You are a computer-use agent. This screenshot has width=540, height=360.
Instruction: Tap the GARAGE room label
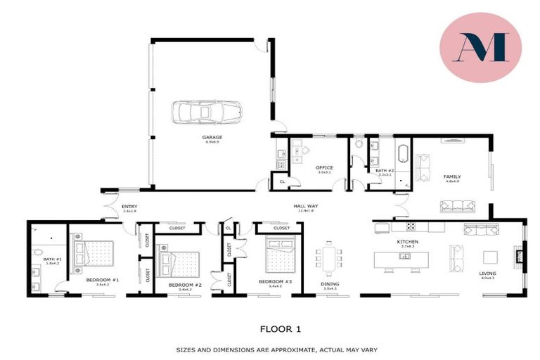[x=212, y=137]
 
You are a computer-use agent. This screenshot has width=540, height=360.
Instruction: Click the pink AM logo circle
[x=480, y=47]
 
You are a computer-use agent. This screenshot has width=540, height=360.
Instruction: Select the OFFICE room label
[x=324, y=167]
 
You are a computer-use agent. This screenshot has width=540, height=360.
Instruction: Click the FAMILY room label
[x=451, y=176]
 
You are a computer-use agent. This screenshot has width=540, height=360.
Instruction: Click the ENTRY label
[x=129, y=206]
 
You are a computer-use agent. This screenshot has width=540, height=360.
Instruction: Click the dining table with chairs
[x=329, y=258]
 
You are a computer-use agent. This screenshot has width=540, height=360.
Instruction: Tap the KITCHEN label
[x=407, y=242]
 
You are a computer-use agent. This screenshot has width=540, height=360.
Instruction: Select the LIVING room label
[x=487, y=274]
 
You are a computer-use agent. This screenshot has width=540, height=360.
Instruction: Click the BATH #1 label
[x=53, y=259]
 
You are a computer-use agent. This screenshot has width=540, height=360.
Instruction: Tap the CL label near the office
[x=282, y=181]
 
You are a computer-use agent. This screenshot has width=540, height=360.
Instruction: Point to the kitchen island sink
[x=405, y=256]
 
